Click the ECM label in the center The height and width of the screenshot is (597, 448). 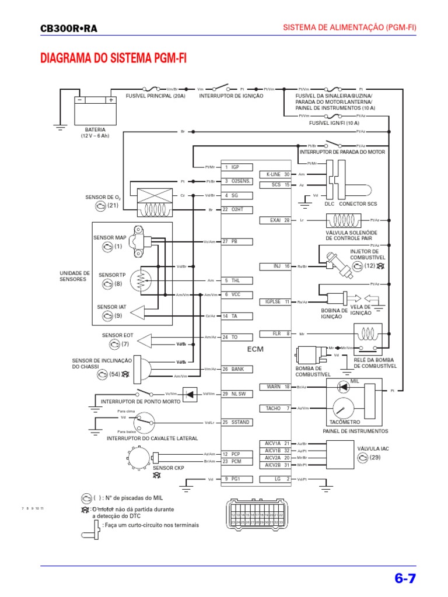tap(256, 349)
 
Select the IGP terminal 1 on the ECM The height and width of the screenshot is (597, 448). tap(232, 167)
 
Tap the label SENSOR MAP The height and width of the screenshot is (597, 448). tap(110, 238)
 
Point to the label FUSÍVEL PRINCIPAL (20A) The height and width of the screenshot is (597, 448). tap(155, 96)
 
